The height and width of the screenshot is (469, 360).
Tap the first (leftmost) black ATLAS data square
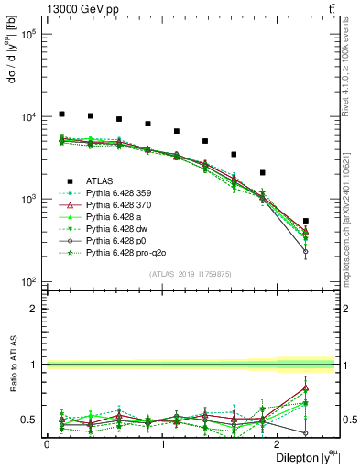click(x=61, y=114)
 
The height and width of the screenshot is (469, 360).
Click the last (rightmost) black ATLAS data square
click(x=305, y=221)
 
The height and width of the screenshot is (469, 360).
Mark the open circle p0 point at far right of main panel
click(x=305, y=251)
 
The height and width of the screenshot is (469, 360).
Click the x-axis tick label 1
click(x=163, y=444)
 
